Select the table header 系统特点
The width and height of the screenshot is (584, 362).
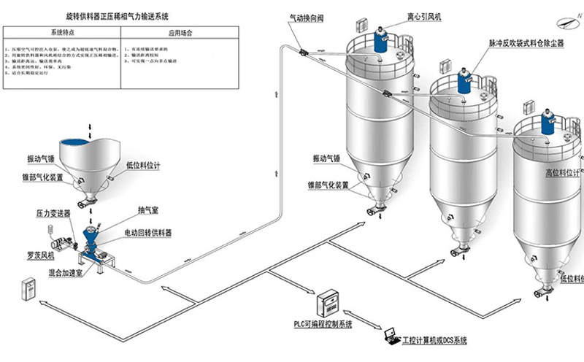(65, 33)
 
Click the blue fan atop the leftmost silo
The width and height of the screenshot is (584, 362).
(380, 38)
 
